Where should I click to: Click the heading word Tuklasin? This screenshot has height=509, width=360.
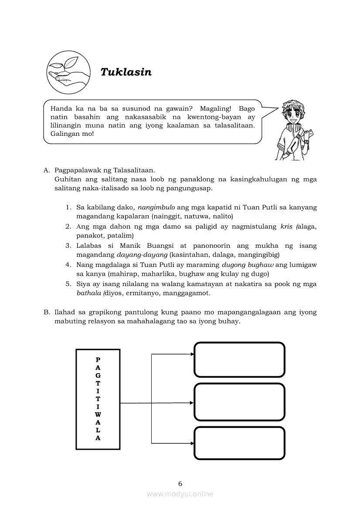(126, 72)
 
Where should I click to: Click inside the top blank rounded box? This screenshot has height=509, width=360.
(239, 360)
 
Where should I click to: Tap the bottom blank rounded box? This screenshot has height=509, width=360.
(239, 443)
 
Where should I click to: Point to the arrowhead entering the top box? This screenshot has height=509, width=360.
(192, 354)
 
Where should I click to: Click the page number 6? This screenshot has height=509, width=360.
(180, 483)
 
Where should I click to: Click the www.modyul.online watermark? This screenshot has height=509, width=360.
(180, 494)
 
